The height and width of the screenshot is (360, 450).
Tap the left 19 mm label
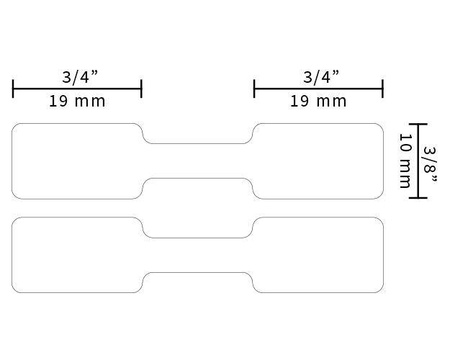[x=77, y=101]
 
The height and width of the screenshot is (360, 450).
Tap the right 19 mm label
[x=319, y=101]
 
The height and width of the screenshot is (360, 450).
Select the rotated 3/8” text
[x=430, y=160]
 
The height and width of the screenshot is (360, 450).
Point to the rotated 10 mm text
[x=404, y=160]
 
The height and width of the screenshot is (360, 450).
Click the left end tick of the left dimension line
[x=13, y=88]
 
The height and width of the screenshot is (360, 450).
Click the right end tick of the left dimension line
[x=141, y=88]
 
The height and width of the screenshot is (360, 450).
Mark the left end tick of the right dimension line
[x=255, y=88]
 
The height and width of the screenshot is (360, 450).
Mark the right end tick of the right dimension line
[x=383, y=88]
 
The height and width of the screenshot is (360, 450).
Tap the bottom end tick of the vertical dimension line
[x=417, y=197]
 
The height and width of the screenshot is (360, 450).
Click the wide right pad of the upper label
[x=319, y=160]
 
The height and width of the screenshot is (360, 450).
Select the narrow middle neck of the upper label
[x=198, y=160]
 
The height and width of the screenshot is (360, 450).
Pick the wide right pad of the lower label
[x=319, y=255]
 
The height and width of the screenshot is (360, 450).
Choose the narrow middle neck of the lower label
[x=198, y=255]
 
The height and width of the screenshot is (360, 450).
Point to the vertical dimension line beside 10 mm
[x=417, y=160]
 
